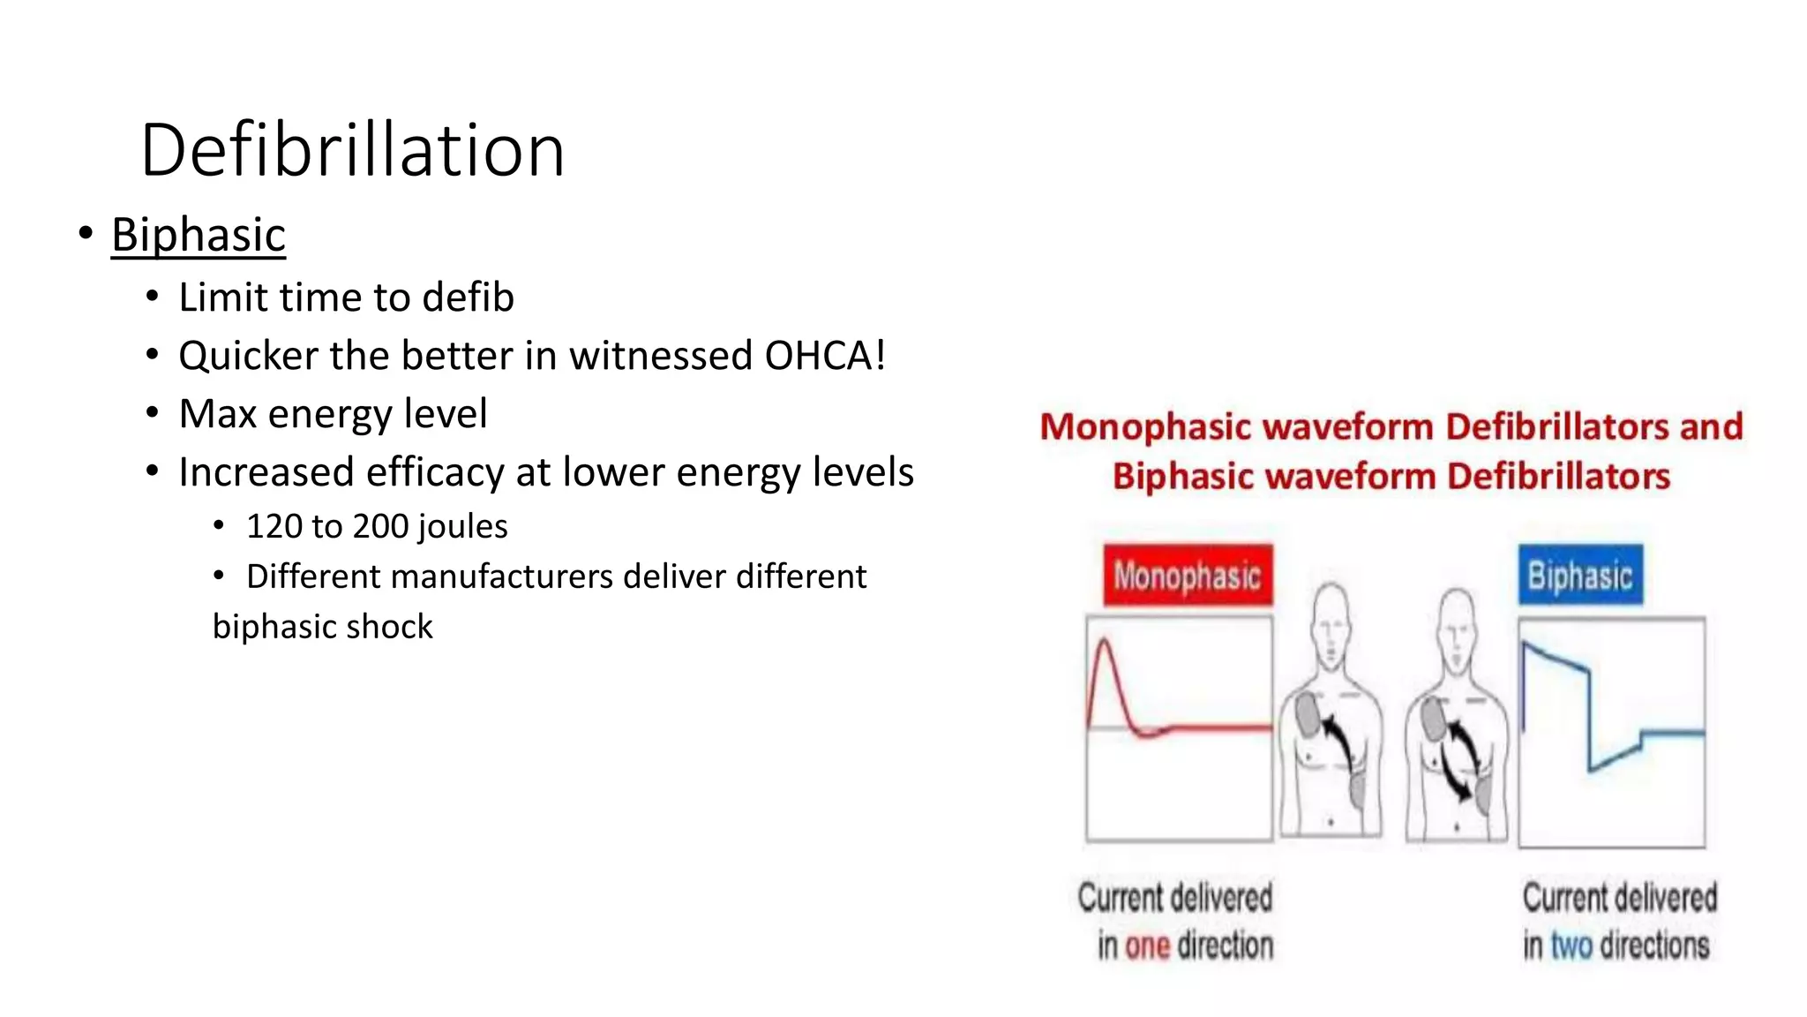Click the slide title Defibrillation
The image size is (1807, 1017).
coord(352,150)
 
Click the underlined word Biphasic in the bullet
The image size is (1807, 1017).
coord(199,235)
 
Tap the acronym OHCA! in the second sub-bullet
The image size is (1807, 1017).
coord(824,356)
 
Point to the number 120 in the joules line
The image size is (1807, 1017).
coord(274,526)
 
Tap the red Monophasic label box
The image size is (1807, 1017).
coord(1187,576)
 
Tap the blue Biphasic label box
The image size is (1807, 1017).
coord(1579,576)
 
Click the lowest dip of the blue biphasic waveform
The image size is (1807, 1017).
coord(1591,769)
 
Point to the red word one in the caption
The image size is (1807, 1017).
coord(1147,946)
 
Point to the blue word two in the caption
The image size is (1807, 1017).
coord(1571,946)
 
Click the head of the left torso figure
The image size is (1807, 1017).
coord(1331,623)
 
